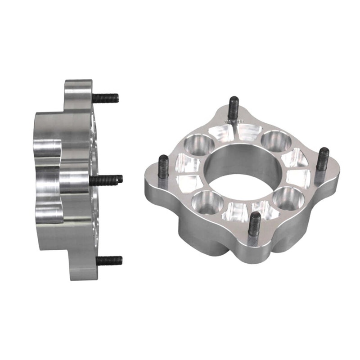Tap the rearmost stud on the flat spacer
pos(233,108)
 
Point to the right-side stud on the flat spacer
pos(323,158)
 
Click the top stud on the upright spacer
pos(106,97)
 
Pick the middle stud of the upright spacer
pos(107,180)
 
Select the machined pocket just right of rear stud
pos(249,131)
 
